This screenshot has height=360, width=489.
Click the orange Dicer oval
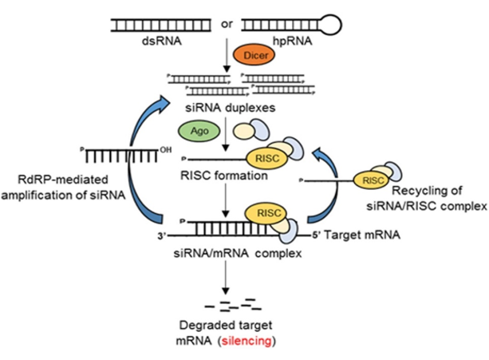click(x=254, y=54)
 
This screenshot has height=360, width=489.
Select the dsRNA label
click(x=162, y=42)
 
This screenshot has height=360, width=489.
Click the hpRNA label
click(x=292, y=42)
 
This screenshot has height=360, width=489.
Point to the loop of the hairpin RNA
click(x=332, y=25)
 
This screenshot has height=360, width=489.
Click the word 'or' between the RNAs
click(x=227, y=24)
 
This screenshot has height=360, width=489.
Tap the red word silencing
click(x=246, y=341)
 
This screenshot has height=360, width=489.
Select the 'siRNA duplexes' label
click(x=231, y=108)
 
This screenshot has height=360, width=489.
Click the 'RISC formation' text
click(x=224, y=176)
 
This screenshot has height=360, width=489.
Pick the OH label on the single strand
click(x=166, y=150)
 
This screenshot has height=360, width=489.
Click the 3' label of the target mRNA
click(x=162, y=236)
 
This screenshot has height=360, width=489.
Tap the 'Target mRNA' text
click(x=362, y=235)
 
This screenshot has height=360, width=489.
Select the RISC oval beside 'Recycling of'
click(x=373, y=180)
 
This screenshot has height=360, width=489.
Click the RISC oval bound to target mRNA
click(x=269, y=213)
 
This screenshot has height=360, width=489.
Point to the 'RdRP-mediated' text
click(x=63, y=180)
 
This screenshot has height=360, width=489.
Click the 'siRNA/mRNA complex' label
click(x=238, y=253)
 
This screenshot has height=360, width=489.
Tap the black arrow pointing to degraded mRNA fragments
click(x=225, y=278)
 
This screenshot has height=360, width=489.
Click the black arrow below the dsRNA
click(x=227, y=55)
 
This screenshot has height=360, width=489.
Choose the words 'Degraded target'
click(x=226, y=326)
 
